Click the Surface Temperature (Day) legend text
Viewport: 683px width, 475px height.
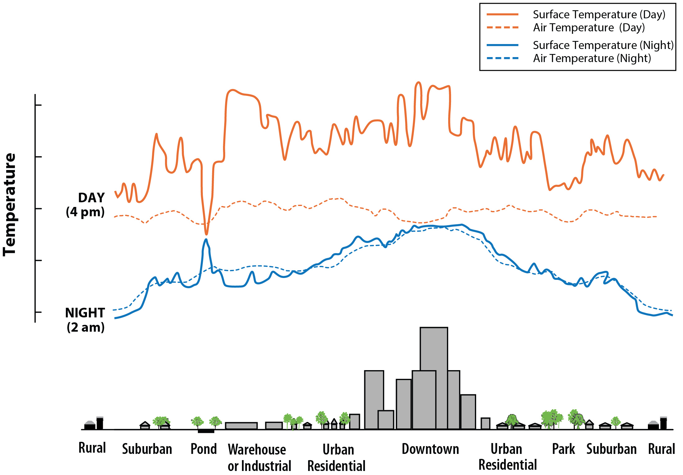click(599, 15)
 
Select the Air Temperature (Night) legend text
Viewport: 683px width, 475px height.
click(592, 58)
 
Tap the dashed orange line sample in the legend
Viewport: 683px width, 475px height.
click(502, 28)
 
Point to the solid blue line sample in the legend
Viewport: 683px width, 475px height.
click(502, 45)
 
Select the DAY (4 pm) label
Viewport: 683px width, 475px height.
click(86, 205)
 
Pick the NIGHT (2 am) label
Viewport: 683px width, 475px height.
click(85, 320)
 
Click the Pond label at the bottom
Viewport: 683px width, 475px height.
click(203, 449)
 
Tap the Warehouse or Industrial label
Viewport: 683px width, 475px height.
click(259, 457)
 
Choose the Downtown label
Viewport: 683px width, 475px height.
click(430, 449)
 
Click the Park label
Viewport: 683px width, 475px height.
click(563, 449)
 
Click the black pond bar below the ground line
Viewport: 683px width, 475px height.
click(206, 431)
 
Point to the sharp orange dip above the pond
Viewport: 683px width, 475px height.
click(206, 233)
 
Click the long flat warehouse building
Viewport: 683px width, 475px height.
click(241, 426)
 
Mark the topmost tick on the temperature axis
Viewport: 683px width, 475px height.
click(38, 105)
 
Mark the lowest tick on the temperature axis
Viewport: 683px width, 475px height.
click(38, 312)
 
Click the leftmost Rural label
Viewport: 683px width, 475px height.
click(92, 448)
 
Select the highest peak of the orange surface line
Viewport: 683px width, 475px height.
click(418, 83)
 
